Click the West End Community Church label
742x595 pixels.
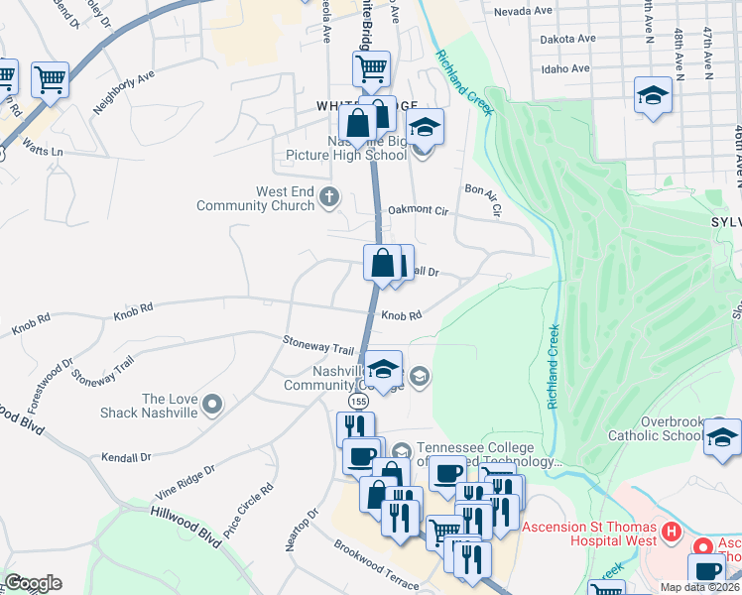coord(256,198)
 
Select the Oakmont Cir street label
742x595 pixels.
coord(419,210)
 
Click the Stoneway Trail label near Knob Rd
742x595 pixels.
coord(318,349)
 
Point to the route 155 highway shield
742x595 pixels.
coord(357,399)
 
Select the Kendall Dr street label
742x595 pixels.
coord(125,458)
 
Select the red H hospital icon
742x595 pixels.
coord(672,533)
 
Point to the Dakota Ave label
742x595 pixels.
coord(567,40)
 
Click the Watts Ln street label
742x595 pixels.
coord(44,152)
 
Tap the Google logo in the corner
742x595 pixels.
coord(33,583)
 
